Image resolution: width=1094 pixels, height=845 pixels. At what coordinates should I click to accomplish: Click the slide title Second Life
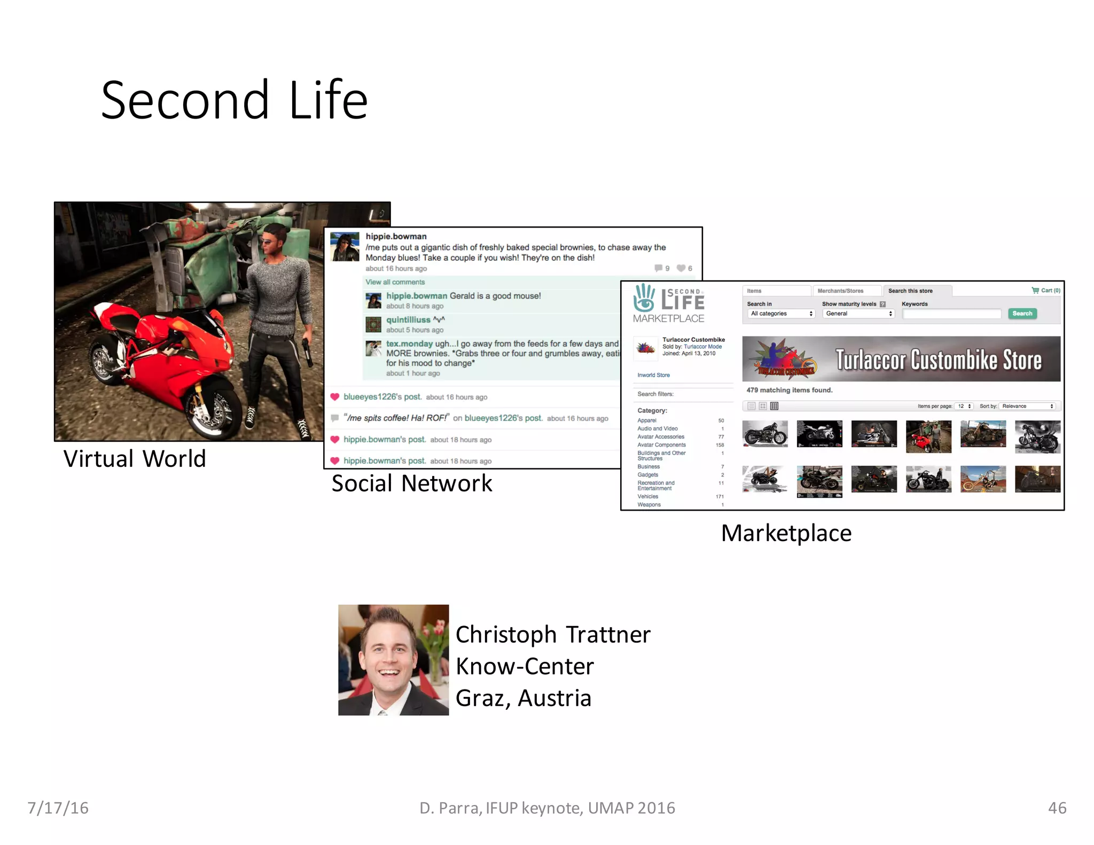point(234,100)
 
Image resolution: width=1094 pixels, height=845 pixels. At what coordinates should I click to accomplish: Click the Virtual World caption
point(134,459)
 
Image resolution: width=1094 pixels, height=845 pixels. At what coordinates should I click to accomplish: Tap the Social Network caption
point(411,483)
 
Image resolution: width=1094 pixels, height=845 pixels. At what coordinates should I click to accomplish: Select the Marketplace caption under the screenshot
point(786,533)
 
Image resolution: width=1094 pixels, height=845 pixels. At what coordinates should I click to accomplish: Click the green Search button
point(1022,314)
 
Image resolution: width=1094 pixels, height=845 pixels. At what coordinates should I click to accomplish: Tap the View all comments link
point(395,282)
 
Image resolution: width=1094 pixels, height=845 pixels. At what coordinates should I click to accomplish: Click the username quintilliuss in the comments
point(408,319)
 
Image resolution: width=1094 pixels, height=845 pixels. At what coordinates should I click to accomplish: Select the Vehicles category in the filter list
point(647,496)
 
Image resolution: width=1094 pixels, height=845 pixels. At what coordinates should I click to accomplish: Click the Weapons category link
point(648,505)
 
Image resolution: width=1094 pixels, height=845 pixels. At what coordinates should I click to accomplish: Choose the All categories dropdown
point(781,314)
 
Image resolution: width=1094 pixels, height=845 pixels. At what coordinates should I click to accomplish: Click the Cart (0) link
point(1046,291)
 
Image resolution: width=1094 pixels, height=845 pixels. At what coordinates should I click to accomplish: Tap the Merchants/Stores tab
point(840,291)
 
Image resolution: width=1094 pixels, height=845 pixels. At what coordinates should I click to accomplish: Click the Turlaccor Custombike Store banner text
point(938,359)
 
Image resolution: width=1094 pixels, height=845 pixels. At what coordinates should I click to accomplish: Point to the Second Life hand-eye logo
point(644,298)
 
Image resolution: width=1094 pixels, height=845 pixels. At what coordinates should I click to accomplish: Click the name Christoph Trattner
point(552,635)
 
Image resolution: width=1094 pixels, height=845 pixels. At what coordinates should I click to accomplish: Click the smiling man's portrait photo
point(393,660)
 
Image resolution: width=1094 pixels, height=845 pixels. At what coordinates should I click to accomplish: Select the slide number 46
point(1057,808)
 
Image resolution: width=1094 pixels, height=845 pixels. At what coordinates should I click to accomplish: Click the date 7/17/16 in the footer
point(58,808)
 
